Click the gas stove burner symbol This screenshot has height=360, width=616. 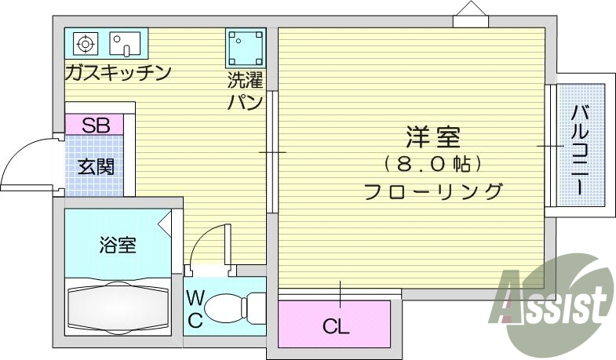pos(86,43)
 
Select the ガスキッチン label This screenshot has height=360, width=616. pos(118,74)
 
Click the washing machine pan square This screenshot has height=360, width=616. pos(246,49)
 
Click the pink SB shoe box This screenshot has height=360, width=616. pos(93,124)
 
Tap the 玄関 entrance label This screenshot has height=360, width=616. pos(96,166)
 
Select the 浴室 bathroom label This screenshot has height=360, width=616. pos(118,245)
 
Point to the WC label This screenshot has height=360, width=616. pos(195,308)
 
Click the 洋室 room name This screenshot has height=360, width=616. pos(432,140)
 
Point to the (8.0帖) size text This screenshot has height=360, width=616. pos(432,165)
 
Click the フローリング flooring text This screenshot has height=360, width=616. pos(432,191)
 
